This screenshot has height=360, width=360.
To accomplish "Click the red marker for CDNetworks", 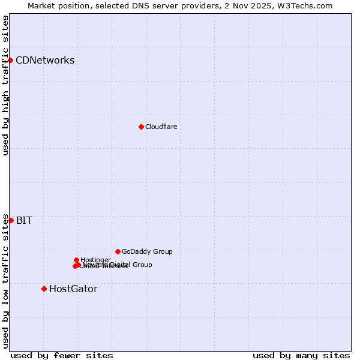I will pos(11,60).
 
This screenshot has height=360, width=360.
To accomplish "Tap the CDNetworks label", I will pos(45,60).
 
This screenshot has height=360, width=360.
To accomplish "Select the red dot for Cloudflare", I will pos(141,127).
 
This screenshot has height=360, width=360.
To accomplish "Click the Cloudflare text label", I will pos(161,127).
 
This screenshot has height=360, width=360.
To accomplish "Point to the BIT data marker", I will pos(11,220).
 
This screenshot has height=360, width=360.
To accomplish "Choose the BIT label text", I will pos(24,220).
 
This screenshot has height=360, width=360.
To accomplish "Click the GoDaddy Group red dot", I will pos(118,251).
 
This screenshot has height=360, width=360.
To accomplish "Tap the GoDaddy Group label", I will pos(147,251).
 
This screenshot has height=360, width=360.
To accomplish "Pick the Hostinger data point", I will pos(76,260).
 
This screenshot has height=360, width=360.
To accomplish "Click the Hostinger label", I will pos(95,260).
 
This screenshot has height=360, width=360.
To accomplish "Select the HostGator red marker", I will pos(44,289).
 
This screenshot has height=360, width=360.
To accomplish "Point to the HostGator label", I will pos(73,289).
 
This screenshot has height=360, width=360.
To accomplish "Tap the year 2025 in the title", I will pos(266,5).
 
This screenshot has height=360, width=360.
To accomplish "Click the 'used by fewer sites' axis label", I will pos(62,355).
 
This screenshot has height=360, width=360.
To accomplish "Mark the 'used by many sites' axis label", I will pos(301,355).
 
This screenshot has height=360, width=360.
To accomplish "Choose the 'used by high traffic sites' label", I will pos(5,85).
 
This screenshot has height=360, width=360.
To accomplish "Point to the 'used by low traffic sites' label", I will pos(5,281).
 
